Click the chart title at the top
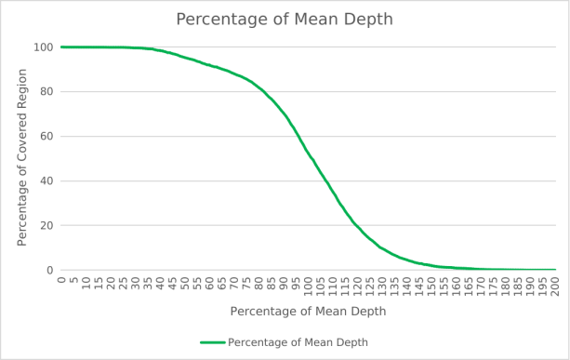tap(285, 20)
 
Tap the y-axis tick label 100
tap(44, 47)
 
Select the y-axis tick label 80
tap(46, 92)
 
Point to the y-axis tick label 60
tap(46, 137)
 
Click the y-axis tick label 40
tap(46, 181)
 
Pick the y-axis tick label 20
tap(46, 225)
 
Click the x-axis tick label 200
tap(555, 287)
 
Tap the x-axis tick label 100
tap(309, 287)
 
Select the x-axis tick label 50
tap(185, 284)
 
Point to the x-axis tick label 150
tap(431, 287)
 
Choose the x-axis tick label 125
tap(370, 287)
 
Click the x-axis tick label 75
tap(246, 284)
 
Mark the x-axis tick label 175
tap(494, 287)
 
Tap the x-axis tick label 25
tap(123, 284)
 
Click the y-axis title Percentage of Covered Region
tap(22, 157)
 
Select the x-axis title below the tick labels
tap(309, 312)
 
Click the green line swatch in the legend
tap(213, 342)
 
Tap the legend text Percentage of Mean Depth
tap(298, 342)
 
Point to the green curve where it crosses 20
tap(356, 225)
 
